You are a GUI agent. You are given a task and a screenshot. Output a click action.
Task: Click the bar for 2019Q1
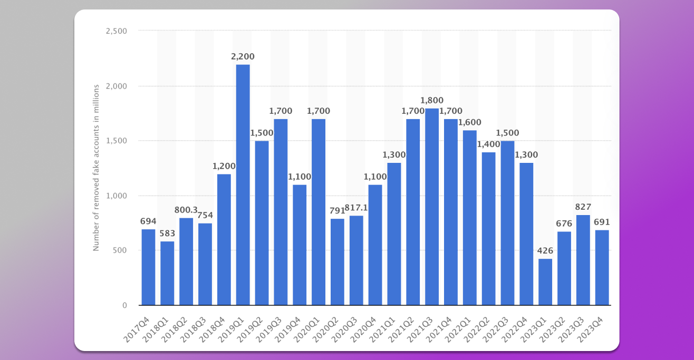pyautogui.click(x=243, y=184)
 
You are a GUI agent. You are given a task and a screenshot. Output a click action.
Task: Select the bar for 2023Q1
pyautogui.click(x=545, y=282)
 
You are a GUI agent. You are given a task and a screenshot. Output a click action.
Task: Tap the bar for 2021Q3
pyautogui.click(x=432, y=207)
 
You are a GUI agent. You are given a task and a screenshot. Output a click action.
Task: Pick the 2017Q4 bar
pyautogui.click(x=148, y=267)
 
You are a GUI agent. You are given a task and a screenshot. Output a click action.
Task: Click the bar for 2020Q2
pyautogui.click(x=338, y=262)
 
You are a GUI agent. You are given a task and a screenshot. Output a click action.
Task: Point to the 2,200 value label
pyautogui.click(x=243, y=56)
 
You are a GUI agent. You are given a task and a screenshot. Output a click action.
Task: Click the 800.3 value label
pyautogui.click(x=186, y=210)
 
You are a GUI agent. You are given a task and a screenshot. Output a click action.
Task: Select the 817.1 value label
pyautogui.click(x=356, y=208)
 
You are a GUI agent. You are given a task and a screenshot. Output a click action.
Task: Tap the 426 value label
pyautogui.click(x=545, y=250)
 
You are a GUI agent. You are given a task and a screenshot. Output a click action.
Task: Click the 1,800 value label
pyautogui.click(x=432, y=100)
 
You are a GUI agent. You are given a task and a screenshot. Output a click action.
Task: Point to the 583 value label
pyautogui.click(x=167, y=233)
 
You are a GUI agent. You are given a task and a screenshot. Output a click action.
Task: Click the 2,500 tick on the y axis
pyautogui.click(x=117, y=31)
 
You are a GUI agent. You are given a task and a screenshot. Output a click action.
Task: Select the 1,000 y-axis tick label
pyautogui.click(x=117, y=196)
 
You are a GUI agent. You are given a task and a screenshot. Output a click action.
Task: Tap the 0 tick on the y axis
pyautogui.click(x=124, y=305)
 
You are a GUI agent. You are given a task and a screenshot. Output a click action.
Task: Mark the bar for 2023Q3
pyautogui.click(x=583, y=260)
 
